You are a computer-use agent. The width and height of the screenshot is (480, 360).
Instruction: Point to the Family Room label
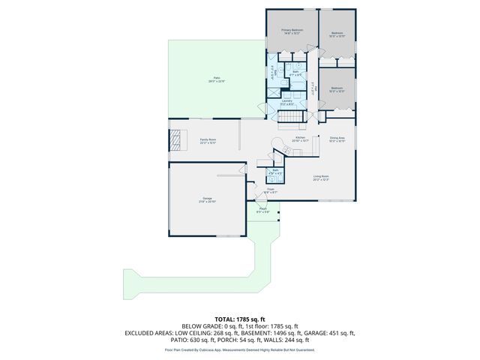[x=208, y=140]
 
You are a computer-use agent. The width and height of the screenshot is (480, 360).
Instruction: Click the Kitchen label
[x=301, y=139]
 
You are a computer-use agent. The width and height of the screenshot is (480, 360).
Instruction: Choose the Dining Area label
[x=337, y=139]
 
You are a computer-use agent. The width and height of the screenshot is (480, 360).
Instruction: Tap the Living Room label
[x=321, y=178]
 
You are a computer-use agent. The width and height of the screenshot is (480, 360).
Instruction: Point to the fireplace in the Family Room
[x=175, y=140]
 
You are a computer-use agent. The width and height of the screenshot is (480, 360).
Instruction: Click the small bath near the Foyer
[x=275, y=172]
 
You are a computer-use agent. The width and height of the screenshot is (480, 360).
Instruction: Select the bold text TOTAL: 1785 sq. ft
[x=240, y=319]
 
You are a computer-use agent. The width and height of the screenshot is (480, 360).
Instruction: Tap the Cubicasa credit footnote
[x=240, y=349]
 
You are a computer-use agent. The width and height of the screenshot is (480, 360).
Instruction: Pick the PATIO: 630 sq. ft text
[x=191, y=340]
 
